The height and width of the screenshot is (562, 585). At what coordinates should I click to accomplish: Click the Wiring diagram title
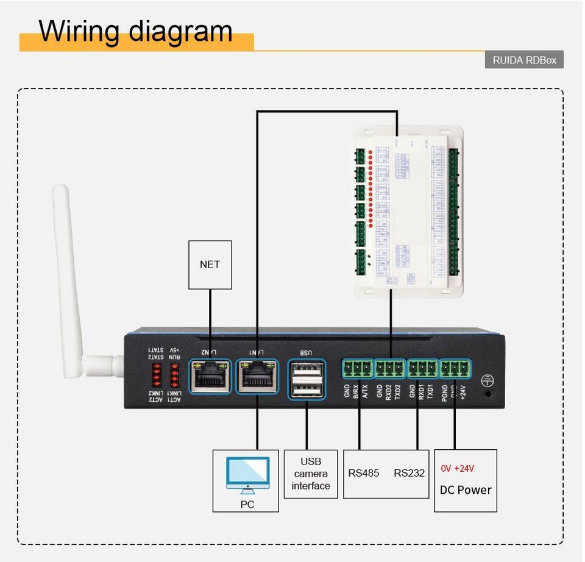(135, 30)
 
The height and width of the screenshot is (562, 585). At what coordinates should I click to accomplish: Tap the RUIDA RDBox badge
(524, 60)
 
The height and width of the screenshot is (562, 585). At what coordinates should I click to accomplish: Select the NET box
(210, 265)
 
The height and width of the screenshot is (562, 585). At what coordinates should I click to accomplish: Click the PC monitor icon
(247, 474)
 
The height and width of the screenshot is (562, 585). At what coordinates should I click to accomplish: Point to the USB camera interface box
(311, 474)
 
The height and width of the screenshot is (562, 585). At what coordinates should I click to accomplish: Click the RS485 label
(364, 473)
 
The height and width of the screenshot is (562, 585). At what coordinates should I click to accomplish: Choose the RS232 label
(409, 473)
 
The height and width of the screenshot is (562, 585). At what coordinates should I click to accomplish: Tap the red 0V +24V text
(457, 469)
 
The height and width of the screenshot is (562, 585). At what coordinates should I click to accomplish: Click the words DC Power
(465, 490)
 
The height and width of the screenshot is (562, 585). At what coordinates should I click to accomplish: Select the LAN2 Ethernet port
(210, 376)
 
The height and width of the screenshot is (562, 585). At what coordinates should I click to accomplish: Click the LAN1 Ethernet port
(257, 376)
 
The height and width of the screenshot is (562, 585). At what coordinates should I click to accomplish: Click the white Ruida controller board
(408, 210)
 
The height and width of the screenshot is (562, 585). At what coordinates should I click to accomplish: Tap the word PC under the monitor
(247, 504)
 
